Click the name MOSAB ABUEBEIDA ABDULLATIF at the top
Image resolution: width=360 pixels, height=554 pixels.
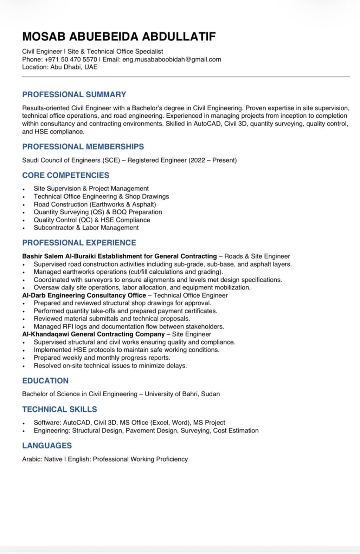pyautogui.click(x=119, y=37)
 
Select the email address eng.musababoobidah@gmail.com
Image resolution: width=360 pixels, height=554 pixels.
pyautogui.click(x=172, y=59)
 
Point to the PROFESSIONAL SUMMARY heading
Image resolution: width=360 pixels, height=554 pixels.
pyautogui.click(x=74, y=94)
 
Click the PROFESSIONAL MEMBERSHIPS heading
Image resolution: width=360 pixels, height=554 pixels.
pyautogui.click(x=83, y=146)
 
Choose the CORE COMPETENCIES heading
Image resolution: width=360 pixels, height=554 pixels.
pyautogui.click(x=66, y=175)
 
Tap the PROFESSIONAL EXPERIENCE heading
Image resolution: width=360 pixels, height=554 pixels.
pyautogui.click(x=79, y=243)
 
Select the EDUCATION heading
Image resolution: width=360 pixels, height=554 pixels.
pyautogui.click(x=45, y=381)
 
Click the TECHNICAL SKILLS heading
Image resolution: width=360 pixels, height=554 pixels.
pyautogui.click(x=59, y=409)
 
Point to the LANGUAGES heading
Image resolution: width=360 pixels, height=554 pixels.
pyautogui.click(x=47, y=445)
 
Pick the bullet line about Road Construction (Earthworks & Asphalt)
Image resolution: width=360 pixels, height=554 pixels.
pyautogui.click(x=95, y=204)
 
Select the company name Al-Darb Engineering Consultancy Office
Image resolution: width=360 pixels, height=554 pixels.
pyautogui.click(x=84, y=295)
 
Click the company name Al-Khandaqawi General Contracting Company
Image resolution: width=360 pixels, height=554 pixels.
pyautogui.click(x=94, y=334)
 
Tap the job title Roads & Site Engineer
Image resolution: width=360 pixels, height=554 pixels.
pyautogui.click(x=257, y=256)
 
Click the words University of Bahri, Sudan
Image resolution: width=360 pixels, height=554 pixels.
pyautogui.click(x=182, y=394)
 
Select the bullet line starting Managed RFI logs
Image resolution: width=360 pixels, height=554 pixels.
pyautogui.click(x=129, y=326)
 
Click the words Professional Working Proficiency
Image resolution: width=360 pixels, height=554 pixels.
pyautogui.click(x=140, y=459)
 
